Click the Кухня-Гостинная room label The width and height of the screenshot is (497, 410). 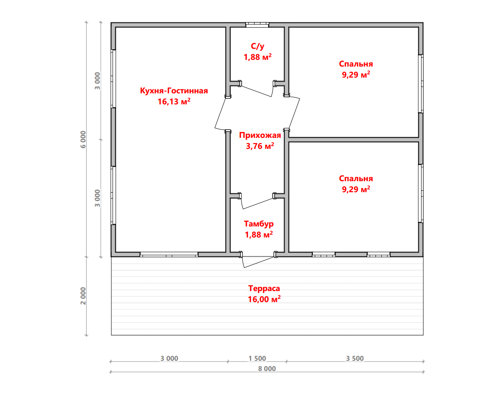point(174,91)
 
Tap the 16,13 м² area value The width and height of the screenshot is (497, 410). point(174,102)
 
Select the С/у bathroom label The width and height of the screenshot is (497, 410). point(257,46)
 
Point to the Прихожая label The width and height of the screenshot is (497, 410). point(260,135)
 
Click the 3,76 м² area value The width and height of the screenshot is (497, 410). point(260,146)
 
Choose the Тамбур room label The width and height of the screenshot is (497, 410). point(259,224)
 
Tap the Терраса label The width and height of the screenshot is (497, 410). point(264,289)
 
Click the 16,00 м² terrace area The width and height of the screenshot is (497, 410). point(264,299)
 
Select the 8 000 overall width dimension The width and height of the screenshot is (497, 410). point(267,369)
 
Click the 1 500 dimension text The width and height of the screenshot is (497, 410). point(257,358)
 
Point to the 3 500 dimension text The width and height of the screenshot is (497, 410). point(355,358)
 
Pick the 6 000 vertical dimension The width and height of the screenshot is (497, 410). point(83,139)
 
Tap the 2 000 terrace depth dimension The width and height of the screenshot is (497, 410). point(83,296)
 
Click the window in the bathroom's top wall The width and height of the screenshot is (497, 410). point(257,25)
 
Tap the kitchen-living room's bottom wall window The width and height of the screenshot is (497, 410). point(169,254)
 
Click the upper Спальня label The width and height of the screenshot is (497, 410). point(356,64)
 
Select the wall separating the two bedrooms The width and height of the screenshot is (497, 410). point(354,139)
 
